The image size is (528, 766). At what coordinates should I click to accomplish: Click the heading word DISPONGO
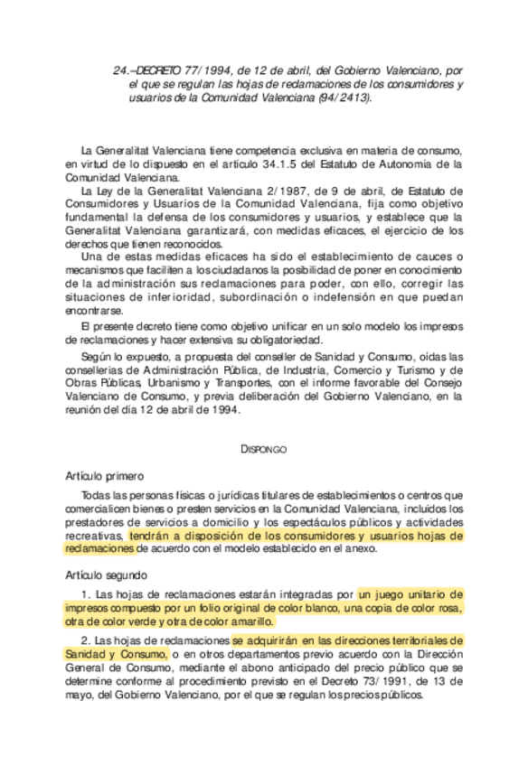point(263,448)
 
